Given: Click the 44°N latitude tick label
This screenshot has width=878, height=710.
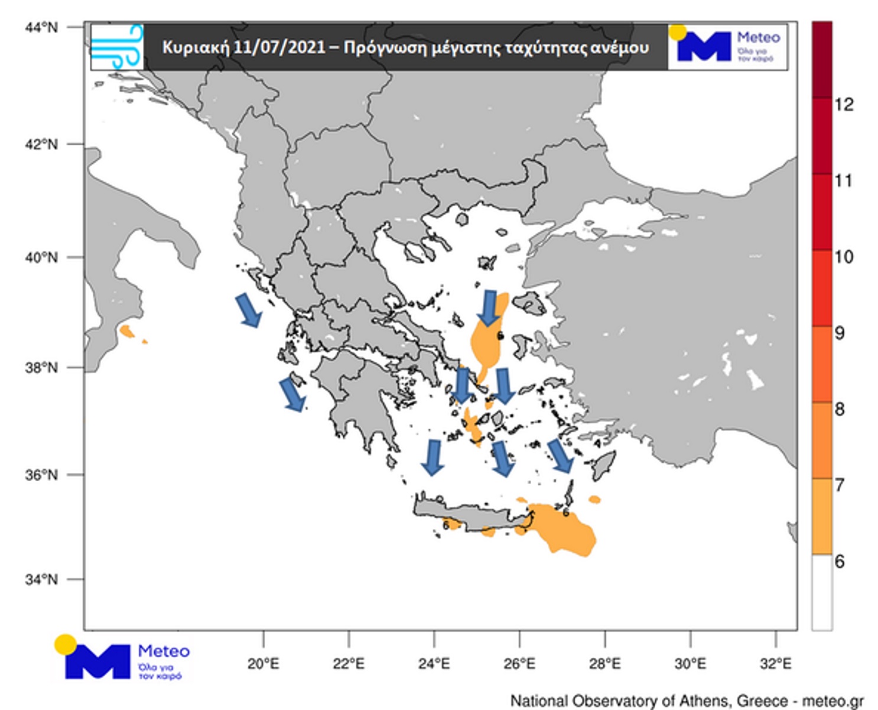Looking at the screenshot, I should coord(41,27).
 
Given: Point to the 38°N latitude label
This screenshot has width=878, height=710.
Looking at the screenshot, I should coord(41,367).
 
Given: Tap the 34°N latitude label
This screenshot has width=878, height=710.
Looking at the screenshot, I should coord(41,579).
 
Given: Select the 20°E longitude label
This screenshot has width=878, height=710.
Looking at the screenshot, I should coord(263,664).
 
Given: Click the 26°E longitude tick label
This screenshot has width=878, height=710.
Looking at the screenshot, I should coord(519,664).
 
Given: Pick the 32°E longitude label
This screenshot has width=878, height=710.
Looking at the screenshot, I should coord(775,664).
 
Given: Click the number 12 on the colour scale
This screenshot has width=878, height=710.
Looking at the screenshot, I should coord(844,105).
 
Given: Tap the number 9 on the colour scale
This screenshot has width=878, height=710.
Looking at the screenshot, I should coord(839,333).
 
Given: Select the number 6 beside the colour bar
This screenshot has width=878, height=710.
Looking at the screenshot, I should coord(839,561).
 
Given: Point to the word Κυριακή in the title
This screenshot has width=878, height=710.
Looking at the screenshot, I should coord(196,47).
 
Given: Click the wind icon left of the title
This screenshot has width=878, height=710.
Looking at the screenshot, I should coord(117,46).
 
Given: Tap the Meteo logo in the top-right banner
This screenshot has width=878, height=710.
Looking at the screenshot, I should coord(728,46).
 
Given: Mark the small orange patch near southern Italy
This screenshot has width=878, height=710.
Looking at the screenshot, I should coord(127,331).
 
